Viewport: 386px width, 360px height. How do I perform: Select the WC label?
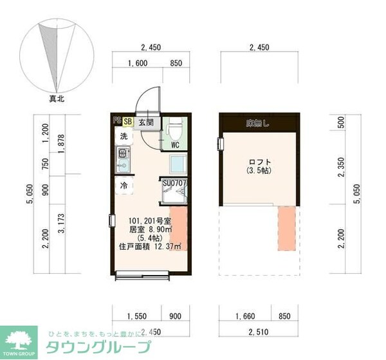[174, 145]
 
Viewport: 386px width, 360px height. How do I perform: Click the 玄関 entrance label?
[145, 121]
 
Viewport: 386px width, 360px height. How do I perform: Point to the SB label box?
[127, 121]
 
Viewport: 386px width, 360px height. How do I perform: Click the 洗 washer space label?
[122, 137]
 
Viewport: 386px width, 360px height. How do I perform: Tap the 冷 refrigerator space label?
[122, 185]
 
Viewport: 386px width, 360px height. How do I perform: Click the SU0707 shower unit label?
[174, 184]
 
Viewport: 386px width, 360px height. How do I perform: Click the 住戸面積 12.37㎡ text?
[149, 245]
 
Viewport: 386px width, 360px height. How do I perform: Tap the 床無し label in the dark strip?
[259, 122]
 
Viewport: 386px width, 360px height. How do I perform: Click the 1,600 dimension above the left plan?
[138, 62]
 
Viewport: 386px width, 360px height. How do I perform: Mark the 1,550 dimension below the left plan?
[136, 316]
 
